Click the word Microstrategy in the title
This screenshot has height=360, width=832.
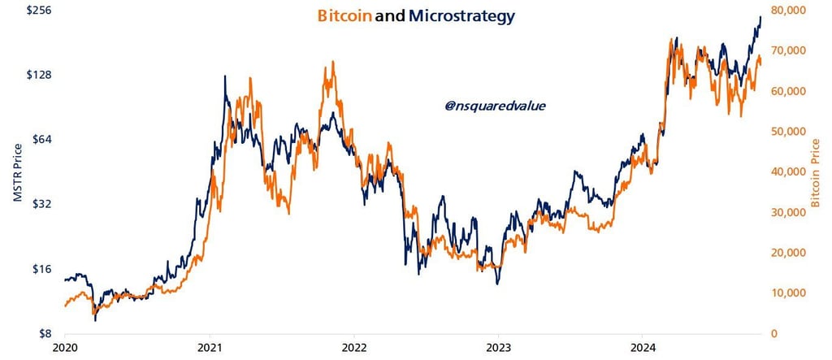pyautogui.click(x=462, y=15)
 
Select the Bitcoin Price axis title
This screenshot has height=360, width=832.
pyautogui.click(x=816, y=171)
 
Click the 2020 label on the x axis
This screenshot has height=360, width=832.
pyautogui.click(x=64, y=349)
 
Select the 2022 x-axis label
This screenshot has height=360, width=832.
pyautogui.click(x=353, y=349)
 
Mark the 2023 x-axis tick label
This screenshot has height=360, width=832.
pyautogui.click(x=498, y=349)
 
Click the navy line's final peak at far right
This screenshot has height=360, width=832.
pyautogui.click(x=760, y=17)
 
